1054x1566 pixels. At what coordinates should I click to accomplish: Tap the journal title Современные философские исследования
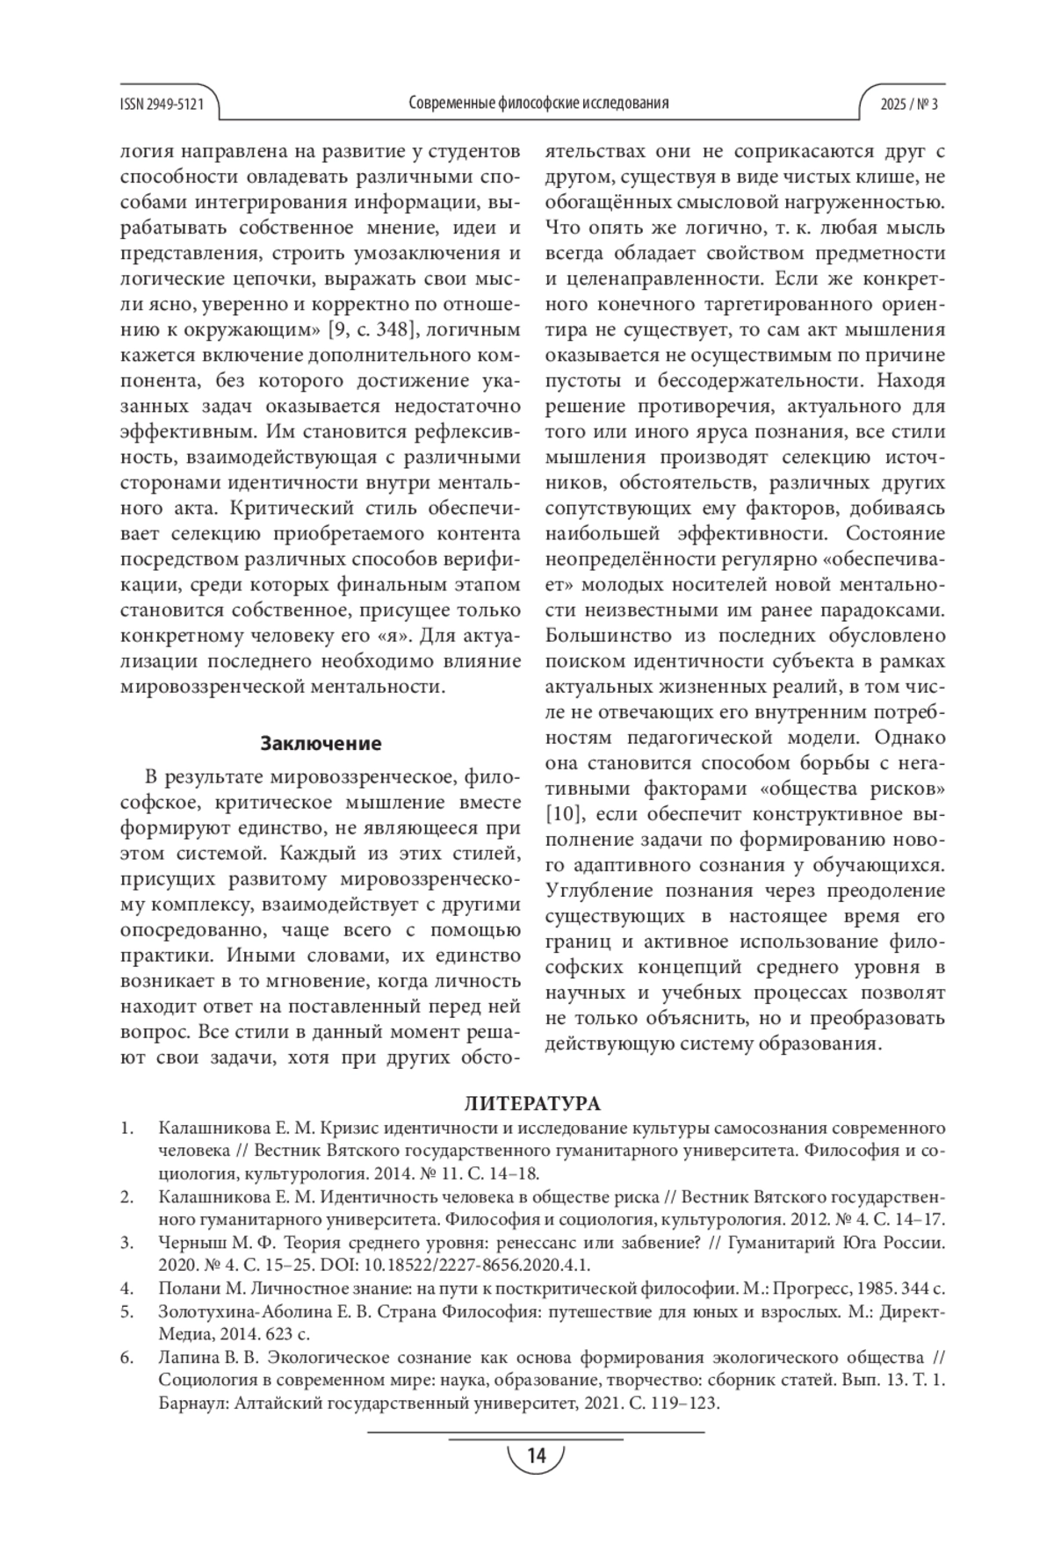(538, 103)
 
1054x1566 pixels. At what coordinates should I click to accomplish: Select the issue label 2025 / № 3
(909, 104)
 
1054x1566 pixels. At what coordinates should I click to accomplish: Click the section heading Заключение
(321, 744)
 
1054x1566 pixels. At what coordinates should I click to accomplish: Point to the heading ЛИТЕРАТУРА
(532, 1104)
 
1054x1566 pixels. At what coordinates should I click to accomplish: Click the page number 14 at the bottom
(536, 1455)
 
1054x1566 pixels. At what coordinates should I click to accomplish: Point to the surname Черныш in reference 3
(189, 1243)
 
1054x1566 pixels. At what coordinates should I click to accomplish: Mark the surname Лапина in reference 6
(185, 1358)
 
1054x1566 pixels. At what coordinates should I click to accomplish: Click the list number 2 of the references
(126, 1197)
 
